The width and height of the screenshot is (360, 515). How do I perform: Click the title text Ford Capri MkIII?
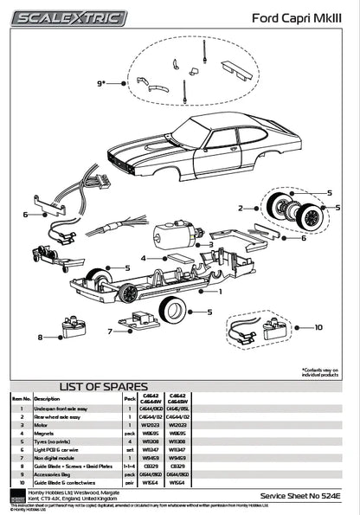298,17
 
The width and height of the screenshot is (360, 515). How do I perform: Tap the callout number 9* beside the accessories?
102,83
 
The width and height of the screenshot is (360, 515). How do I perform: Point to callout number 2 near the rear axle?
241,208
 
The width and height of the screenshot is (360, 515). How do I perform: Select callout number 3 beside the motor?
210,245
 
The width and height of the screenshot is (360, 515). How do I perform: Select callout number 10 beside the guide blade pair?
318,327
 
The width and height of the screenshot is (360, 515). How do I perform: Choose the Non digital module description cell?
55,458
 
